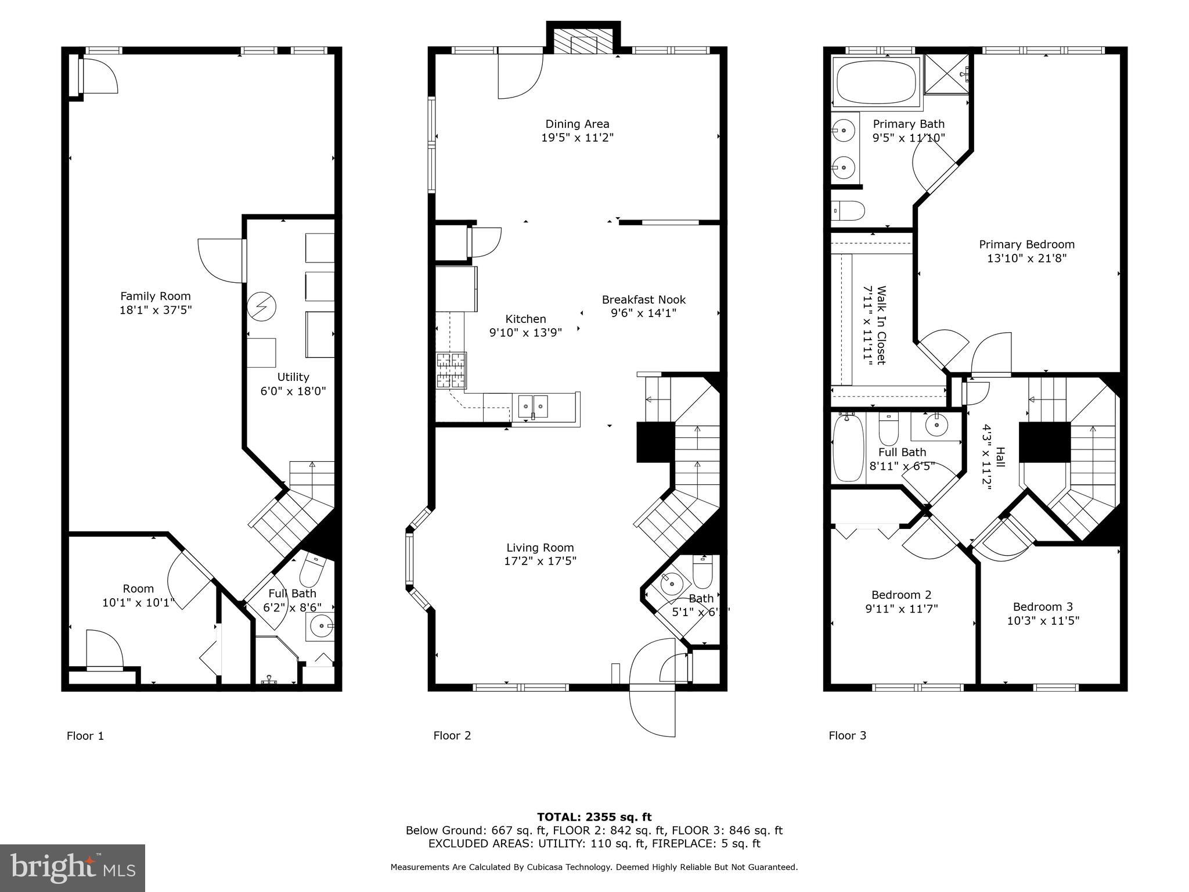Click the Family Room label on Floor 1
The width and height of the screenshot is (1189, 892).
tap(155, 296)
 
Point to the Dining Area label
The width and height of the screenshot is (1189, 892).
tap(577, 124)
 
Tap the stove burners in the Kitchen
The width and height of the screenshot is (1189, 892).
tap(451, 371)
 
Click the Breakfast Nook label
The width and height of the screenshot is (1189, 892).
tap(644, 300)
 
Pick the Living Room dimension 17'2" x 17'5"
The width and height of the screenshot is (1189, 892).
tap(541, 561)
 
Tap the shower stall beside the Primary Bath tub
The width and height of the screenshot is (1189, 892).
tap(946, 74)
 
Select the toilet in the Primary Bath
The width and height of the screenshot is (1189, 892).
tap(848, 210)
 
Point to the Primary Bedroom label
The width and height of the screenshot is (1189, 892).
tap(1026, 244)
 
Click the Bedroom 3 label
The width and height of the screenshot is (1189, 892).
tap(1043, 607)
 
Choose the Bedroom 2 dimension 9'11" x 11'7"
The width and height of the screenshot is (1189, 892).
tap(901, 609)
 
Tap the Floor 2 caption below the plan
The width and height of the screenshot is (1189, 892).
tap(452, 736)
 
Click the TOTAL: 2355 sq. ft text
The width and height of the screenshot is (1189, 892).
tap(594, 817)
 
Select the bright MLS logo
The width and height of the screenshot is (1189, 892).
tap(73, 868)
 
